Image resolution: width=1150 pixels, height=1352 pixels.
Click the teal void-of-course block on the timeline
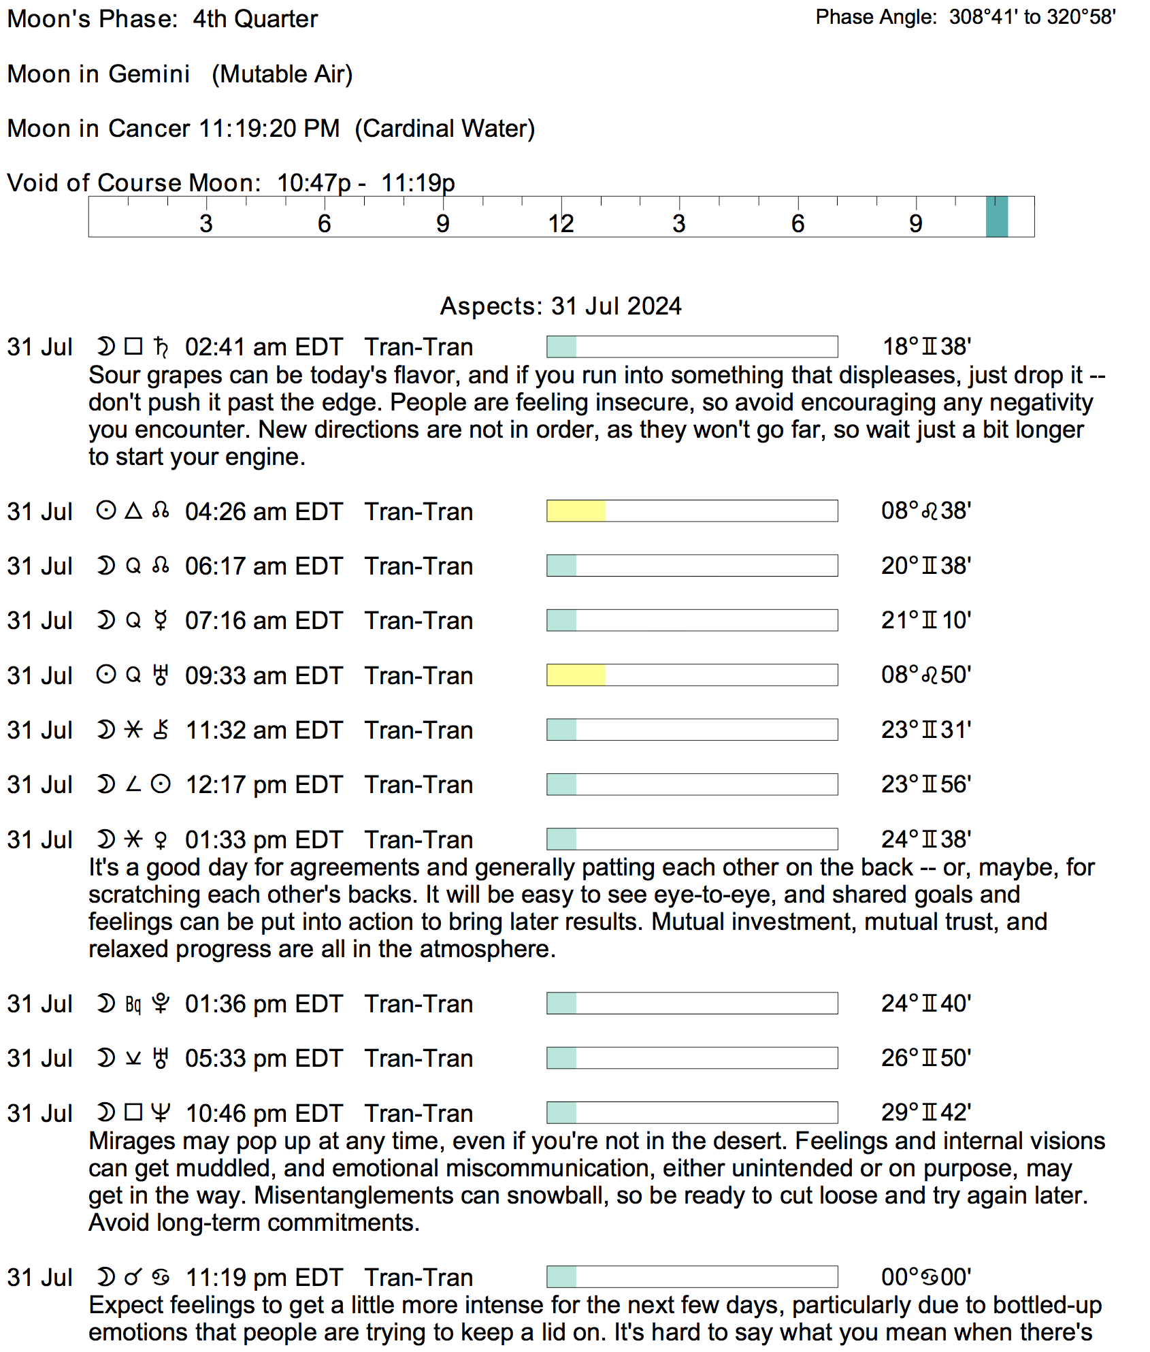click(x=996, y=217)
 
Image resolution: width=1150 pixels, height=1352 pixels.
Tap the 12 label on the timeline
click(x=561, y=223)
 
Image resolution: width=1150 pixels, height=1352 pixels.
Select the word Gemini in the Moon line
click(x=149, y=74)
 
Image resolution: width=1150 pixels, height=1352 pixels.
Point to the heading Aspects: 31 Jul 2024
click(x=561, y=306)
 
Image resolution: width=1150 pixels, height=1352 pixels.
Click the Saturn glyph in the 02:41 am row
click(x=161, y=347)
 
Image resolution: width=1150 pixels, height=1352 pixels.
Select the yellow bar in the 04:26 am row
click(x=576, y=511)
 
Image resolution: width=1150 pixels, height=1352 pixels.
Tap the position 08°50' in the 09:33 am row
click(x=925, y=675)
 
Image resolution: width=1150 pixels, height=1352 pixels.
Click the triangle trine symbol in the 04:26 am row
click(x=133, y=511)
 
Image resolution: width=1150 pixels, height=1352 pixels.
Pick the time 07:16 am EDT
click(x=263, y=620)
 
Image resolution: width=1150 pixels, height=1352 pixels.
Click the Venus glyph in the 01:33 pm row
click(x=161, y=839)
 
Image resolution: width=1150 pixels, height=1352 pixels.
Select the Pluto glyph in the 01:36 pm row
click(x=161, y=1003)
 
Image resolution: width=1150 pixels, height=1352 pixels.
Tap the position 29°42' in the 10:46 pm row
click(x=925, y=1112)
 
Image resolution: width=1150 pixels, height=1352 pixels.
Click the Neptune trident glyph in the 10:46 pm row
click(x=161, y=1112)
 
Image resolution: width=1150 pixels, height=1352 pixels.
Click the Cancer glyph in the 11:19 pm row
click(x=161, y=1277)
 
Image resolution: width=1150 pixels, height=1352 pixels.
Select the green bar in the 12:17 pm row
click(x=561, y=784)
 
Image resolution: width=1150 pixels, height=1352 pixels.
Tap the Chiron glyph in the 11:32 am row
click(x=161, y=730)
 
